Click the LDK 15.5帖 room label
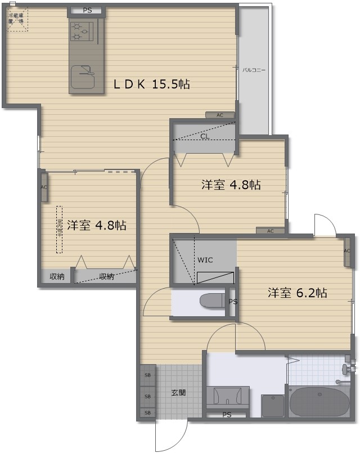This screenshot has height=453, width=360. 151,84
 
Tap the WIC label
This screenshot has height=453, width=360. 204,260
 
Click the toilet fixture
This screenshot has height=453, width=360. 213,300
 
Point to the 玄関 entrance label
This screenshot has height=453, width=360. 178,393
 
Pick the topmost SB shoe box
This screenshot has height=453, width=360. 148,375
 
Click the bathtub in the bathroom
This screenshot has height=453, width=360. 319,401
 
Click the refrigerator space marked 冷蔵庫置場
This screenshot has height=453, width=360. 16,20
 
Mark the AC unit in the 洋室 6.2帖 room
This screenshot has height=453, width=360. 347,250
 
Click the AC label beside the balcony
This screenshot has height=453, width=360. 220,115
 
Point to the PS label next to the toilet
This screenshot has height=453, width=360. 232,302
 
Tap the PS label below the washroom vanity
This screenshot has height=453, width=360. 227,415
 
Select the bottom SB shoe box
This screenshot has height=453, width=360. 148,412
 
